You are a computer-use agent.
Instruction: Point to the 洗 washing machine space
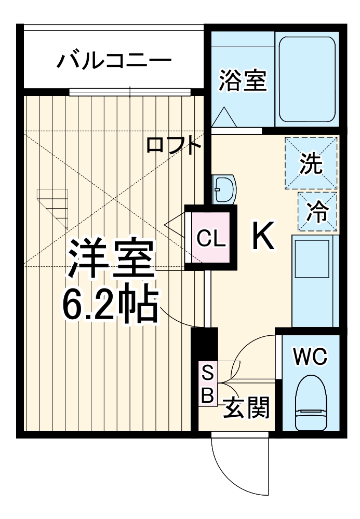point(311,163)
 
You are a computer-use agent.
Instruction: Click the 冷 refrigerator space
point(317,211)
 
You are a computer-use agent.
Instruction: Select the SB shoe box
point(207,384)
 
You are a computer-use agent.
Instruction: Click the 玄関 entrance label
point(247,409)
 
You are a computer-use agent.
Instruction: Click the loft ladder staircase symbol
point(53,208)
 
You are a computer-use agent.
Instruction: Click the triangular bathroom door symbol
point(225,117)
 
